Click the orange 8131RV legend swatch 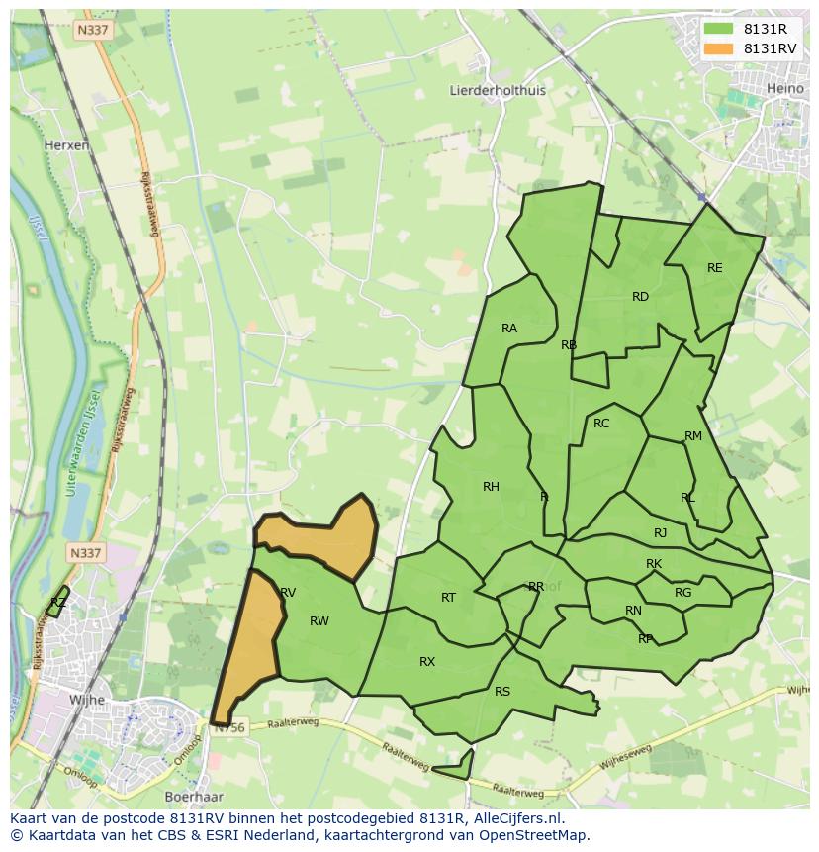(x=719, y=48)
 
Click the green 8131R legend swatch (x=719, y=29)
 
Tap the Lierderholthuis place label (x=498, y=90)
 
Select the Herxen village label (x=66, y=144)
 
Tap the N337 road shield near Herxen (x=92, y=31)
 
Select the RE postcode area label (x=714, y=268)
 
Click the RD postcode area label (x=640, y=297)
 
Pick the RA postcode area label (x=509, y=329)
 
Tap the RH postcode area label (x=491, y=486)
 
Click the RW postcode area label (x=318, y=621)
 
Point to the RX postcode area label (x=427, y=662)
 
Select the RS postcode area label (x=502, y=692)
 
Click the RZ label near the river (x=58, y=602)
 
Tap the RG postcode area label (x=682, y=593)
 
